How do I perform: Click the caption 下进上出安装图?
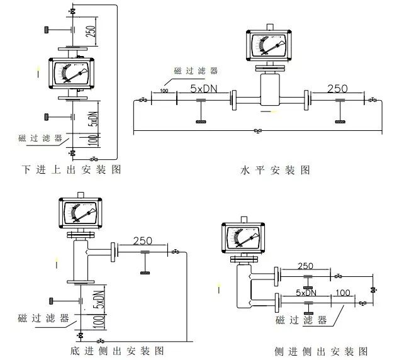(x=70, y=169)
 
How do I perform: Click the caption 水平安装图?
(x=275, y=170)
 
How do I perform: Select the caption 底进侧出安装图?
(x=118, y=350)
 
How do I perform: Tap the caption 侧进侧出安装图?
(x=321, y=351)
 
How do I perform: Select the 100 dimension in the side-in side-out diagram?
(x=344, y=293)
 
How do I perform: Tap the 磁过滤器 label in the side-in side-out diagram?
(x=301, y=320)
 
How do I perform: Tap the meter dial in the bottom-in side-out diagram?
(x=78, y=213)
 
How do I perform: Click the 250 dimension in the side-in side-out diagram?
(x=306, y=266)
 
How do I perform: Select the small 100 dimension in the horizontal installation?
(x=164, y=92)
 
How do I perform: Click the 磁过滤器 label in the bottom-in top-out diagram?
(x=40, y=138)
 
